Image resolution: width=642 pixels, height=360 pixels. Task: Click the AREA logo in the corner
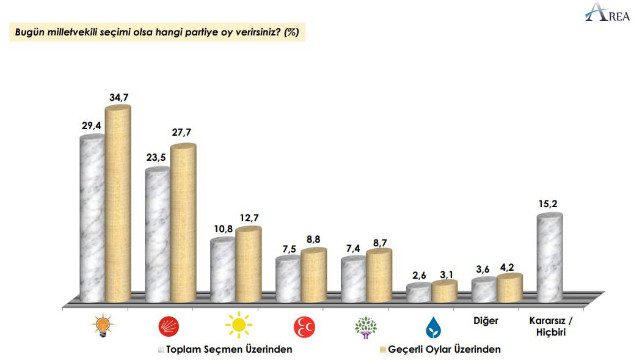pos(607,13)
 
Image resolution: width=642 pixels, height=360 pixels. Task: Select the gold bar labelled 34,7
pos(118,205)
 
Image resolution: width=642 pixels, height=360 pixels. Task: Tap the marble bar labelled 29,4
pos(92,220)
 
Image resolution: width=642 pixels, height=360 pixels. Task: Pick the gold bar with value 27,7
pos(183,224)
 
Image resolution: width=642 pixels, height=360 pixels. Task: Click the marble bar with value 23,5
pos(157,236)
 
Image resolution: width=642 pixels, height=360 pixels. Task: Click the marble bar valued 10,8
pos(222,271)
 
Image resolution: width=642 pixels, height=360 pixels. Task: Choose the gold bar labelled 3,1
pos(444,292)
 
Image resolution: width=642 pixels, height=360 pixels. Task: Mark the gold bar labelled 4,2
pos(509,288)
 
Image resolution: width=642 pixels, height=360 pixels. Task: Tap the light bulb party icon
pos(102,326)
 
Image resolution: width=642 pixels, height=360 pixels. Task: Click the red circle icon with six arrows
pos(168,327)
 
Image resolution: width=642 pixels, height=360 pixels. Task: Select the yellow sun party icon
pos(237,325)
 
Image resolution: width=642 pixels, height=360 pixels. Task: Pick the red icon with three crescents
pos(304,328)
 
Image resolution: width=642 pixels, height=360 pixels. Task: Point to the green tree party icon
pos(367,327)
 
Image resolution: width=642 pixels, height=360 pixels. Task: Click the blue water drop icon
pos(433,328)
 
